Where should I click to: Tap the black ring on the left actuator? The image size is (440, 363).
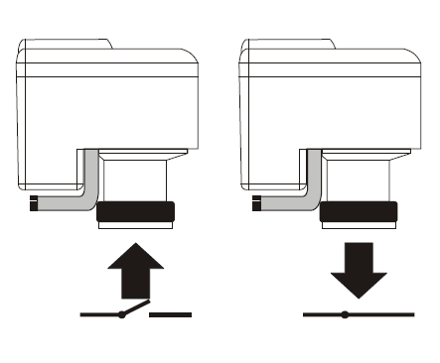click(x=136, y=211)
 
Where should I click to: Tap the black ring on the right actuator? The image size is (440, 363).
click(x=361, y=211)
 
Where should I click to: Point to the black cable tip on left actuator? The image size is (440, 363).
click(x=34, y=204)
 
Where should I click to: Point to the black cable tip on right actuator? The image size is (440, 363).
click(x=258, y=204)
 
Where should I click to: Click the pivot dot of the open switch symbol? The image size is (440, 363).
click(x=121, y=315)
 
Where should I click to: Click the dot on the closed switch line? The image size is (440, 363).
click(x=345, y=315)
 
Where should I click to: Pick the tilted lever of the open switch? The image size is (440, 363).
click(x=136, y=307)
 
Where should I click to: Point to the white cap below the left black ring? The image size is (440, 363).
click(x=136, y=227)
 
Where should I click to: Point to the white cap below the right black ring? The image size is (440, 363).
click(x=361, y=227)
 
